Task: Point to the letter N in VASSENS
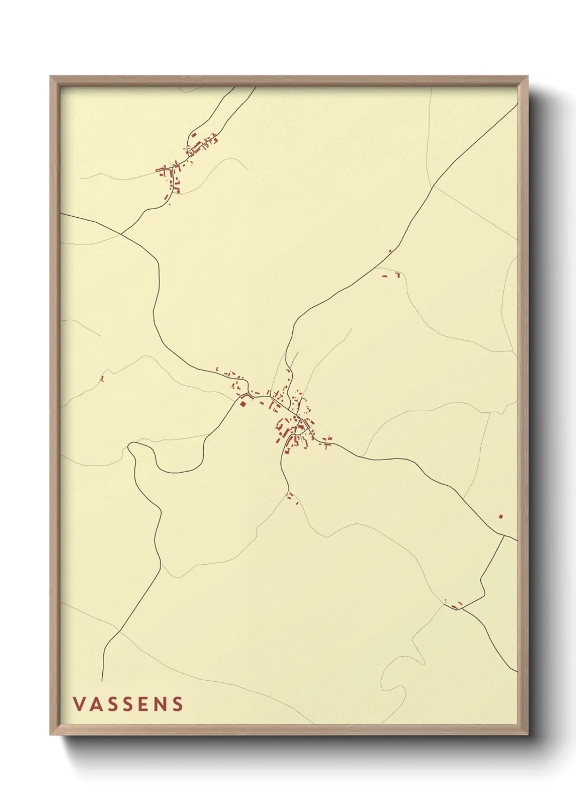pyautogui.click(x=160, y=704)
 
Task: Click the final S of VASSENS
pyautogui.click(x=177, y=704)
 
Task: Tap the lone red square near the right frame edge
pyautogui.click(x=500, y=516)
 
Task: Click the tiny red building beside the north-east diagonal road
pyautogui.click(x=390, y=251)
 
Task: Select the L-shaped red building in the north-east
pyautogui.click(x=397, y=275)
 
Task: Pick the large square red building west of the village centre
pyautogui.click(x=243, y=404)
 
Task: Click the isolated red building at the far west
pyautogui.click(x=102, y=379)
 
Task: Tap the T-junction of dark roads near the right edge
pyautogui.click(x=503, y=535)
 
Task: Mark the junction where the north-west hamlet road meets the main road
pyautogui.click(x=121, y=234)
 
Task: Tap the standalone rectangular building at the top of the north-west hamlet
pyautogui.click(x=194, y=134)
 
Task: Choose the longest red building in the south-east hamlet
pyautogui.click(x=459, y=603)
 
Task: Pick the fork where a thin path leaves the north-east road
pyautogui.click(x=433, y=187)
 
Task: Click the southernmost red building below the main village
pyautogui.click(x=297, y=502)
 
